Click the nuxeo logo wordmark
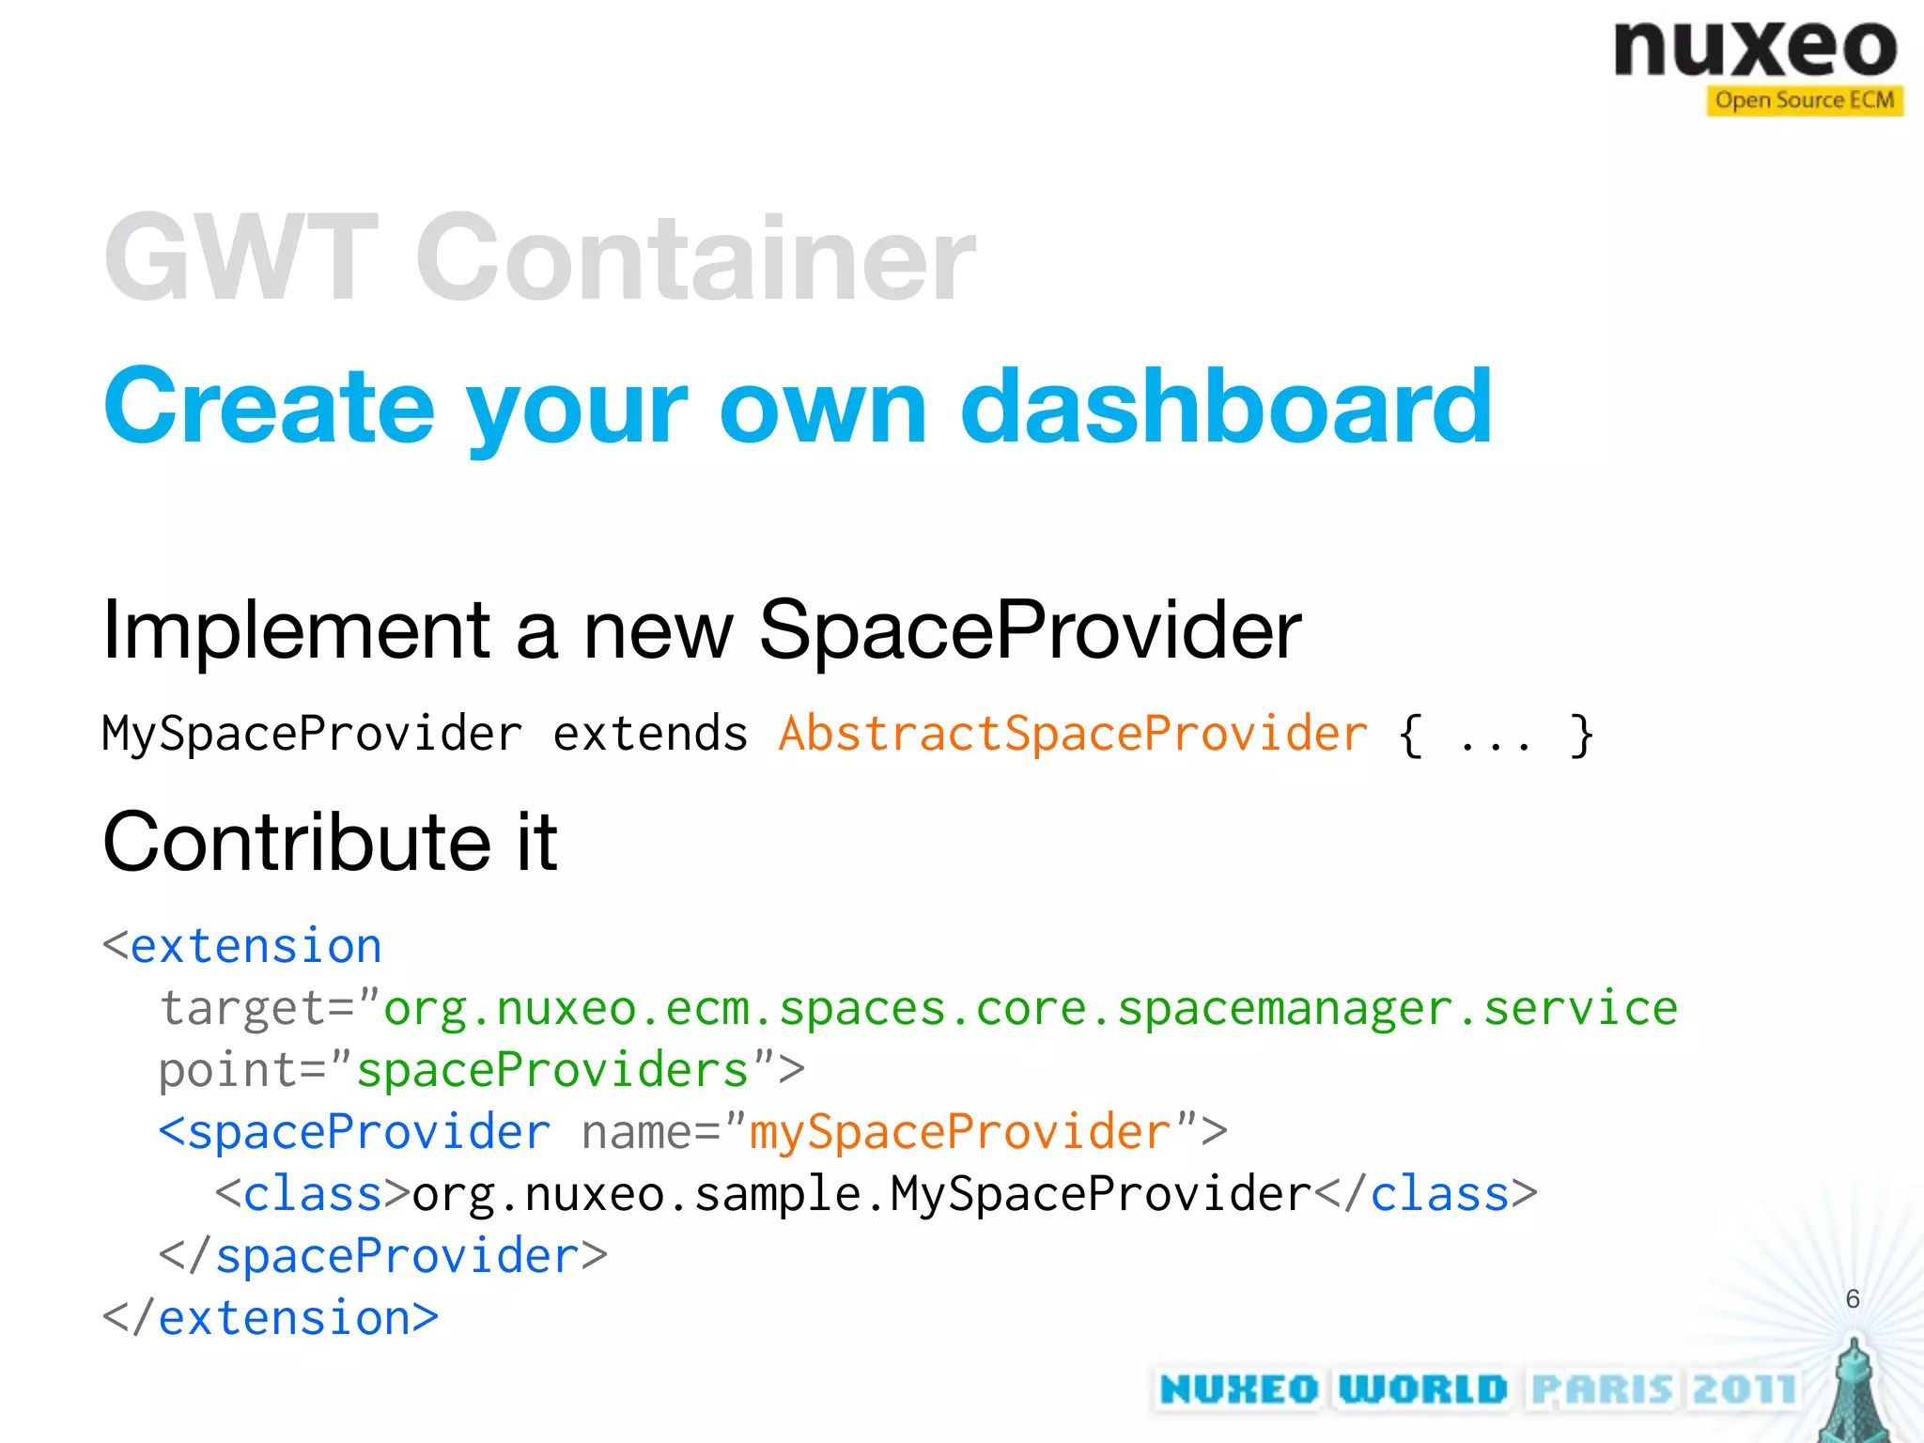click(1755, 49)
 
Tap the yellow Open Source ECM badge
click(1804, 101)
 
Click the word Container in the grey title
click(695, 257)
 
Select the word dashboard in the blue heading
click(1225, 408)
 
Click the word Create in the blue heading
click(269, 408)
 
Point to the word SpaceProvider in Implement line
click(1030, 630)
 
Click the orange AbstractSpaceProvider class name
click(1073, 734)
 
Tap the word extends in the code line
click(650, 734)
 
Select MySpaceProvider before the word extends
click(312, 734)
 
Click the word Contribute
click(297, 843)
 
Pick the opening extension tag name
click(256, 946)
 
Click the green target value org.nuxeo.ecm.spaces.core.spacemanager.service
click(1030, 1009)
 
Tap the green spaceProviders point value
click(552, 1071)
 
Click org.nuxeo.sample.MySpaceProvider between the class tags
click(861, 1195)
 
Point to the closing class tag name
click(1439, 1195)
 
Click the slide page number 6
click(1852, 1299)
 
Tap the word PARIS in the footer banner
click(1603, 1389)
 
